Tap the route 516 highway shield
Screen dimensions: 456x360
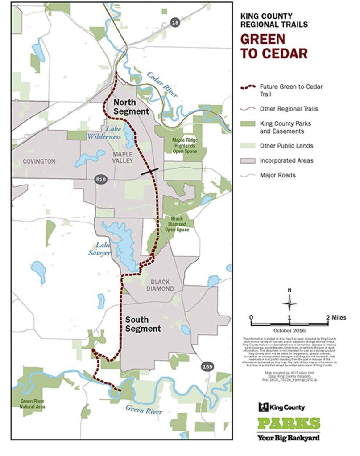(100, 179)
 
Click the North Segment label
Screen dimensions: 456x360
(130, 106)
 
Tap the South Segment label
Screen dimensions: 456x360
(143, 324)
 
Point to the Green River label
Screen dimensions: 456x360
(144, 410)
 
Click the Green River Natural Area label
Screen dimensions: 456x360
(33, 403)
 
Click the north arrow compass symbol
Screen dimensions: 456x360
(290, 303)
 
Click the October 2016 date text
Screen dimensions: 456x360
(290, 331)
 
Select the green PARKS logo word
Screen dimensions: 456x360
(289, 423)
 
